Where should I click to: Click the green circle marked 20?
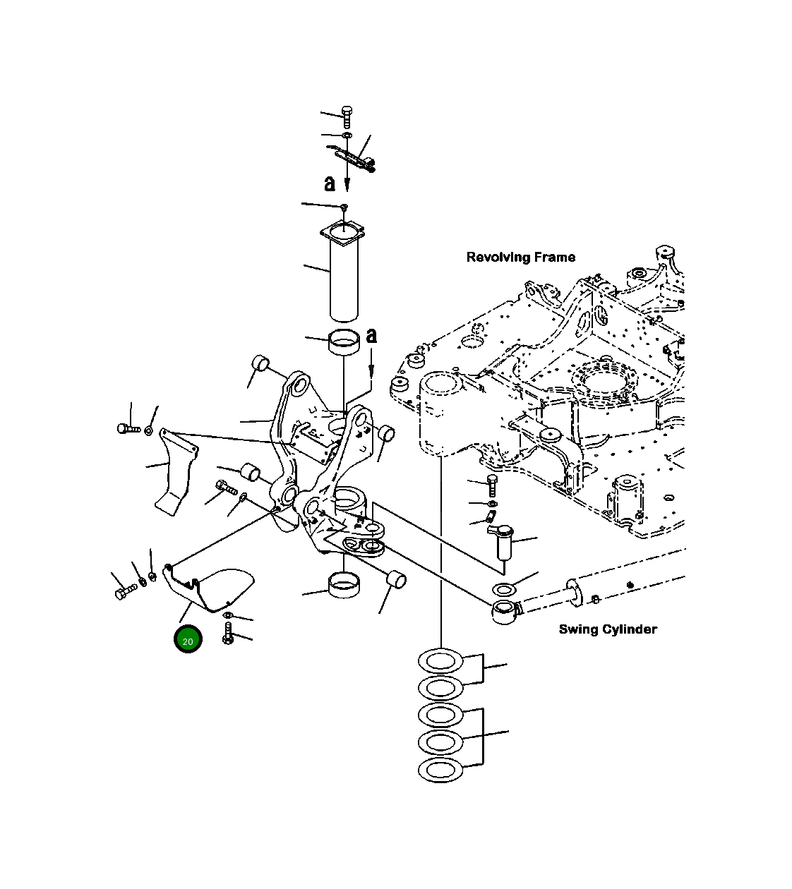(x=188, y=640)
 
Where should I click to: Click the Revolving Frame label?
(x=520, y=258)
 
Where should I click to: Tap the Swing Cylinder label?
(x=607, y=629)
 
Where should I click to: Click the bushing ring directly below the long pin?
(x=344, y=343)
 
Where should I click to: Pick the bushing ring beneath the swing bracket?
(x=344, y=586)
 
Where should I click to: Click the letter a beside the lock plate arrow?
(x=330, y=183)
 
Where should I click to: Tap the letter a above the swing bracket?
(x=371, y=336)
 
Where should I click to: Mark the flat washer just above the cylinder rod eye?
(x=505, y=589)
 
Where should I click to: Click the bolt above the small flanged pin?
(x=492, y=485)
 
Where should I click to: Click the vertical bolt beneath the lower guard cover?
(x=228, y=633)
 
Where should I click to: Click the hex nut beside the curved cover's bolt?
(x=149, y=430)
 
